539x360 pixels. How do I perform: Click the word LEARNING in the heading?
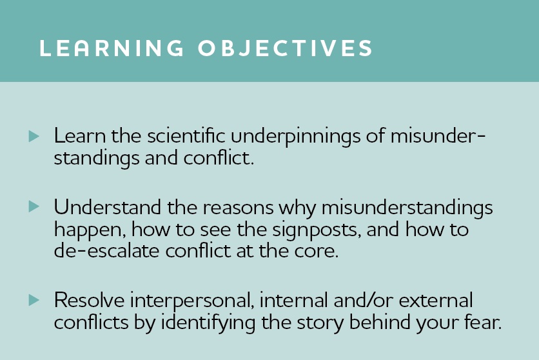(x=112, y=48)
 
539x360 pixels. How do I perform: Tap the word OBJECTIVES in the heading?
(x=286, y=48)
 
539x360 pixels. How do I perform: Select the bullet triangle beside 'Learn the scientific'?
(x=34, y=136)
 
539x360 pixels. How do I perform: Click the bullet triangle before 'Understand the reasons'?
(x=34, y=206)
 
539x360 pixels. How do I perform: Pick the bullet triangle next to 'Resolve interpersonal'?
(x=34, y=300)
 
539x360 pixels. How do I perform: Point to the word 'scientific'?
(x=186, y=135)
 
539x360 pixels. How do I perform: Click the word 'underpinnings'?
(x=296, y=137)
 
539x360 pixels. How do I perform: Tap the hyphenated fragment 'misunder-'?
(x=438, y=135)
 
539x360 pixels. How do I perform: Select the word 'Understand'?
(x=107, y=207)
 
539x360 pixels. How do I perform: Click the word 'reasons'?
(x=238, y=209)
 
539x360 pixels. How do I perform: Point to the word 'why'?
(x=297, y=209)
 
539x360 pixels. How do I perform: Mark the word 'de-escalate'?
(x=106, y=251)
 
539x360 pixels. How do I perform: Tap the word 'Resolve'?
(x=89, y=300)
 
